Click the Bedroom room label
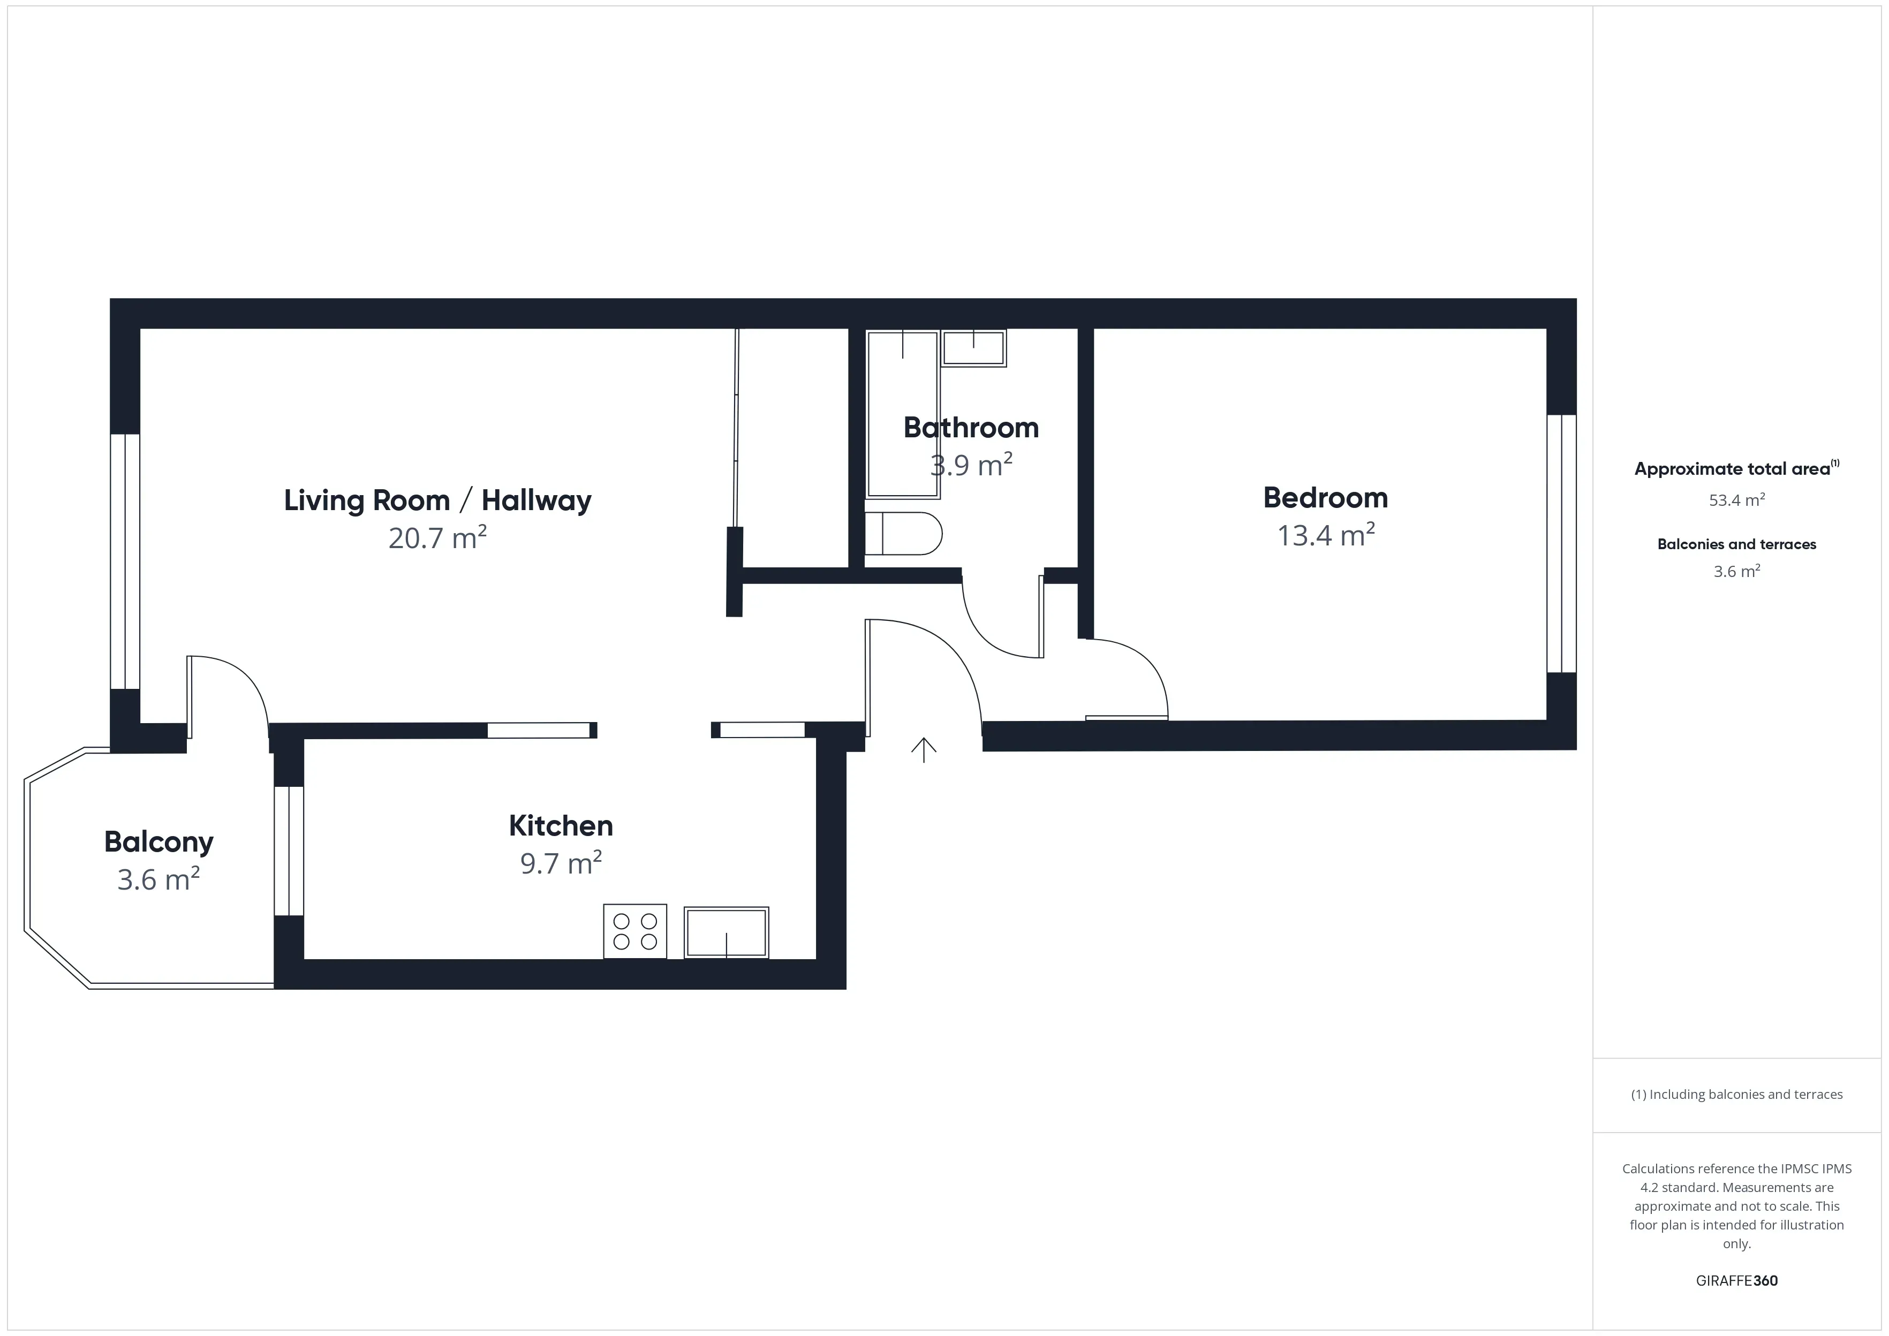(x=1325, y=498)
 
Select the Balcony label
(x=159, y=841)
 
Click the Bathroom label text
(x=971, y=428)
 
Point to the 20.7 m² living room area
(x=437, y=538)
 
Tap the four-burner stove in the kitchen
(x=635, y=931)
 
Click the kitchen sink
(x=727, y=932)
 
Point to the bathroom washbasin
(x=973, y=348)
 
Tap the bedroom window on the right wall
(x=1561, y=544)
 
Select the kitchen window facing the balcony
(x=289, y=851)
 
